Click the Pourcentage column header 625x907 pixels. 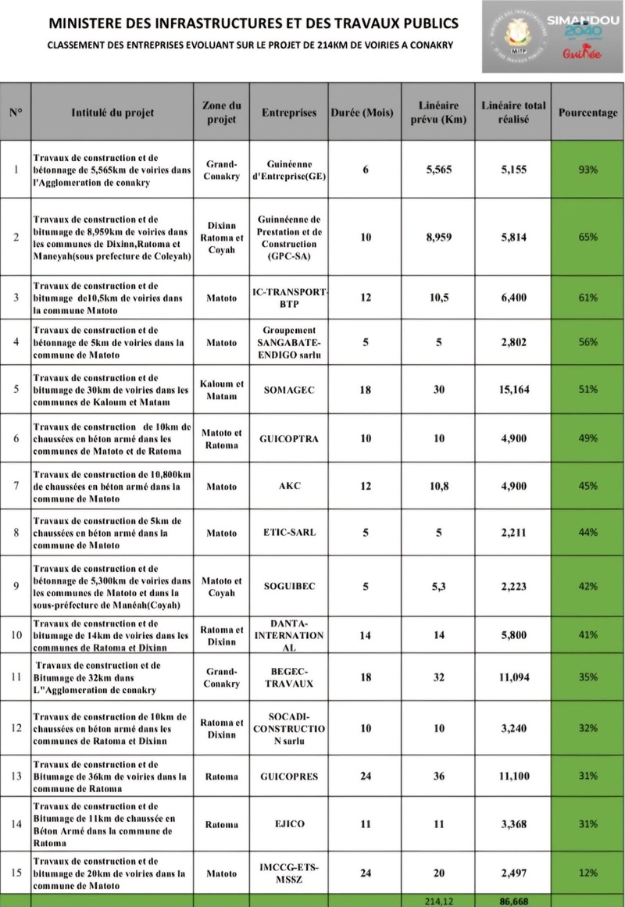[x=587, y=112]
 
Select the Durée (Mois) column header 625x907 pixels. [x=366, y=112]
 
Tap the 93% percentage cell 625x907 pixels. [x=587, y=170]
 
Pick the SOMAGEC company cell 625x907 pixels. [x=289, y=389]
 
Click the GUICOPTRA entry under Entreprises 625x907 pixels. [x=289, y=439]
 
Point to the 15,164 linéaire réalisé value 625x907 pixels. [x=514, y=389]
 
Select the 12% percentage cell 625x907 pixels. [x=587, y=873]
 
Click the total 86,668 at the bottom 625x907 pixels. [x=514, y=901]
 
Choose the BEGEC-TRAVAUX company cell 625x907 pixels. [x=289, y=677]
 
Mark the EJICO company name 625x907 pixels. [x=289, y=824]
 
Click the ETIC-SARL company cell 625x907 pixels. [x=289, y=533]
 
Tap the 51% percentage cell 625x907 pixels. [x=587, y=389]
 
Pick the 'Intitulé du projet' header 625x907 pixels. [x=112, y=112]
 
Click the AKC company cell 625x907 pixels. [x=289, y=486]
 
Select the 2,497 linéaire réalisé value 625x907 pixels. [x=514, y=873]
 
